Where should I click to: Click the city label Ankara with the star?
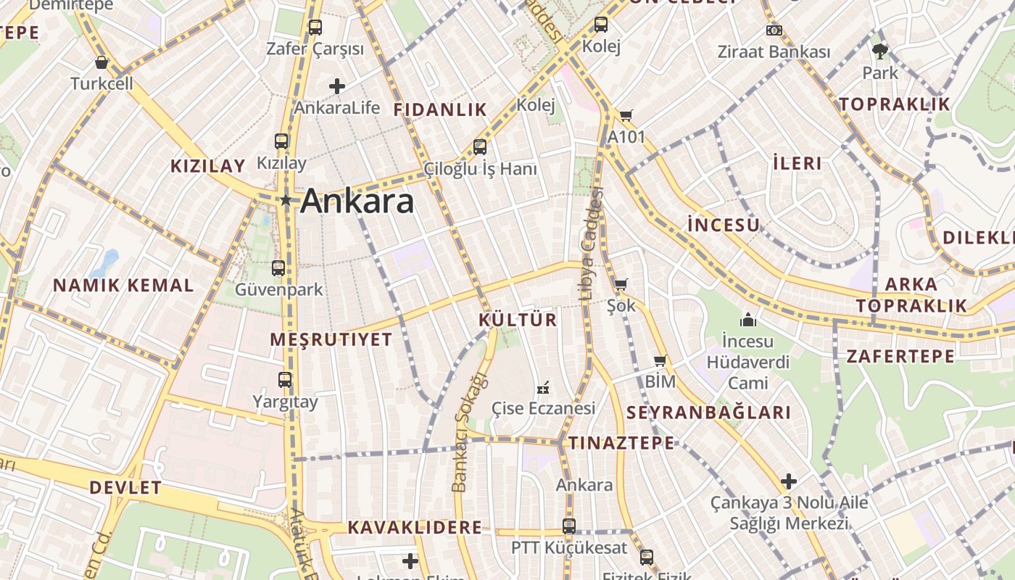(357, 201)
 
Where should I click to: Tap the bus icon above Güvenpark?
(278, 268)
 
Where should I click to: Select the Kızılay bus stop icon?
(281, 141)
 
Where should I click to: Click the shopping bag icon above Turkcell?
(102, 62)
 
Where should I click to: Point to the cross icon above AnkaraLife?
(336, 86)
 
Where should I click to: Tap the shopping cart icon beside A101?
(626, 115)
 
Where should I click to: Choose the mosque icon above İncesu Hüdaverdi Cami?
(747, 319)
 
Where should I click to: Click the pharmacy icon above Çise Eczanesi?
(542, 388)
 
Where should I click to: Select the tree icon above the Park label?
(880, 51)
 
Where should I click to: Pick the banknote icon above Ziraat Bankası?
(774, 30)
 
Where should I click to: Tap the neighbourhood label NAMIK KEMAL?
(123, 286)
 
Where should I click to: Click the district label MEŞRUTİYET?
(331, 339)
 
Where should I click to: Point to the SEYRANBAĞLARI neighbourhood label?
(708, 413)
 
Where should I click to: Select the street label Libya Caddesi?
(591, 243)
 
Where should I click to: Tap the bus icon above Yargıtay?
(285, 380)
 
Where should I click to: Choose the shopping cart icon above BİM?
(660, 360)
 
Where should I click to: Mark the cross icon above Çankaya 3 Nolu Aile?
(789, 481)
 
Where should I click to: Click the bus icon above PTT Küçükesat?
(569, 526)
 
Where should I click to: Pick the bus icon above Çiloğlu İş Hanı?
(480, 147)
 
